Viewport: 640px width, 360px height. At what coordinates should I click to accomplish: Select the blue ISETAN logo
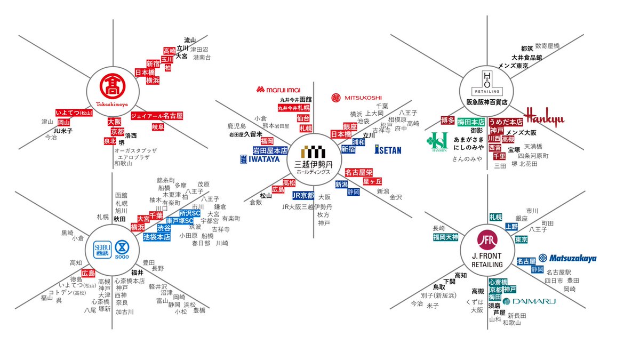388,150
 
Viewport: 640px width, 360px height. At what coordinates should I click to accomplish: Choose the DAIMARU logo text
530,301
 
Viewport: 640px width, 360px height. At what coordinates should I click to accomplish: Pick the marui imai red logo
281,89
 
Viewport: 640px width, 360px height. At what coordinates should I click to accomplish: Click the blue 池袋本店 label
157,237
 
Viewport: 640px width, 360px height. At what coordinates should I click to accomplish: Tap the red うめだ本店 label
506,122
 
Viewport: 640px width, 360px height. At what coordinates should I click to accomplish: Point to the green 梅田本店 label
471,122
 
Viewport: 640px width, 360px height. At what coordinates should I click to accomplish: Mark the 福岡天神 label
446,237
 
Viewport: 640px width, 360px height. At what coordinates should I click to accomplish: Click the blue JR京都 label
303,195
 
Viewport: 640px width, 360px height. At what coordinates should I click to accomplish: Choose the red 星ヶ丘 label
372,181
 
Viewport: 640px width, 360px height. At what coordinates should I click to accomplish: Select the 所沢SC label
190,213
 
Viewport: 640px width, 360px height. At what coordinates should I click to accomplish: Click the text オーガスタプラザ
135,151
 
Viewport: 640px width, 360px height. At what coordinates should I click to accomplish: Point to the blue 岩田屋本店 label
270,151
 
